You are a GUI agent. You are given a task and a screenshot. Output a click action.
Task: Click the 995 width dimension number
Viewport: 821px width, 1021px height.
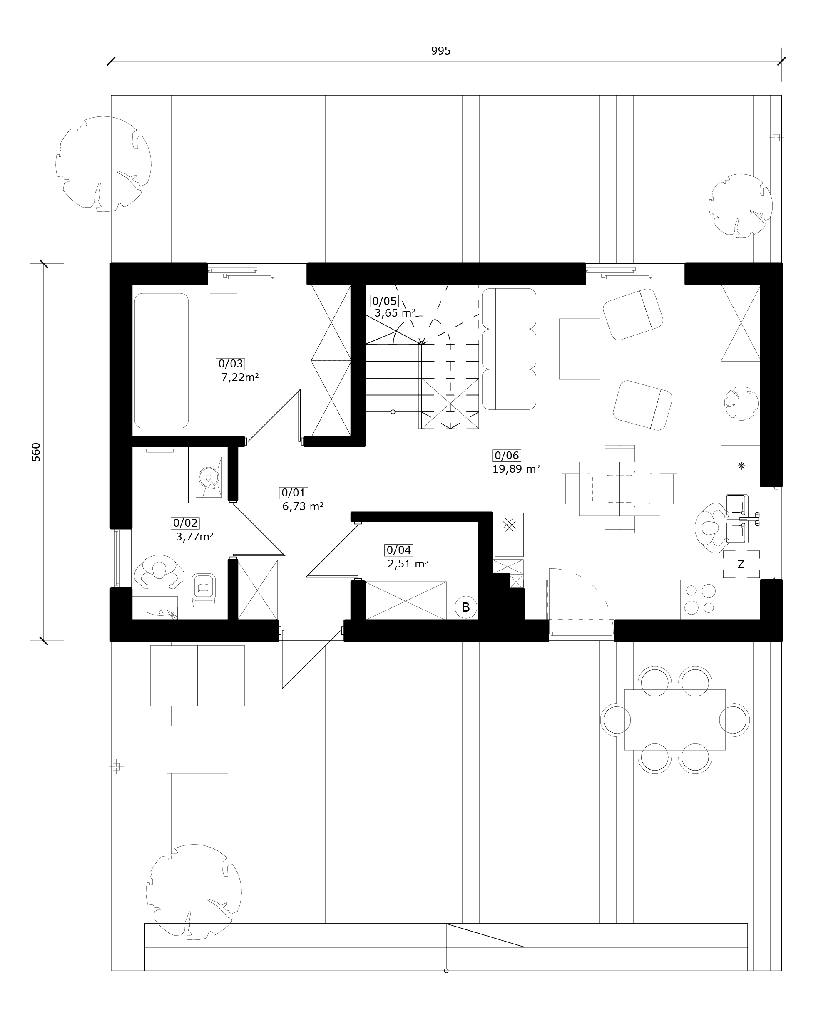coord(440,51)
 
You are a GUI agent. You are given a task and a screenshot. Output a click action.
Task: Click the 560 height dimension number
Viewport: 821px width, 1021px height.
coord(36,452)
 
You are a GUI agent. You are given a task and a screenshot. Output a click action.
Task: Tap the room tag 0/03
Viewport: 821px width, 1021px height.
coord(231,364)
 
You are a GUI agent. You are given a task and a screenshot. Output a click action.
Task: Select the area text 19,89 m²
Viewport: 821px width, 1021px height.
coord(516,469)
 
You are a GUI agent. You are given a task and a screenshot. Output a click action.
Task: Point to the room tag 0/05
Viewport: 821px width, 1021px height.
coord(384,301)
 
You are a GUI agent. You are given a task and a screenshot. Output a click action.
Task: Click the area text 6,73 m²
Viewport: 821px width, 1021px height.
coord(303,506)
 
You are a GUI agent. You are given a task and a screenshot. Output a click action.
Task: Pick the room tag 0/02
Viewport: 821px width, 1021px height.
coord(185,523)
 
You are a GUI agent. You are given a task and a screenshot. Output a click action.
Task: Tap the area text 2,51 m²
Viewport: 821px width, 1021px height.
coord(408,563)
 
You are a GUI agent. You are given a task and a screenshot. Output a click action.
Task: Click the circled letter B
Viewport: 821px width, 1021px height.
coord(466,607)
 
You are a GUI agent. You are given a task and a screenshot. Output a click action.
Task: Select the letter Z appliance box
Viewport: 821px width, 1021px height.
coord(741,565)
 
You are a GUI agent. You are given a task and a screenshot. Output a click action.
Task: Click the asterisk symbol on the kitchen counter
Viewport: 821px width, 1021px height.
coord(741,466)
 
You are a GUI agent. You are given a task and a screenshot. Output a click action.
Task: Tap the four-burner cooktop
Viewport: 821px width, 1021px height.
coord(700,599)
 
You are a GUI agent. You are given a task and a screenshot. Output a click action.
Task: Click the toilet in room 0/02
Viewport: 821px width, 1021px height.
coord(204,590)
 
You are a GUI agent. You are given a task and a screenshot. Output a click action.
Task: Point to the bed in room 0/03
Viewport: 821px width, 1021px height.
coord(161,360)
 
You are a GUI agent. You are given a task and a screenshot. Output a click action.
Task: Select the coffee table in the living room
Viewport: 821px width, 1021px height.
coord(579,349)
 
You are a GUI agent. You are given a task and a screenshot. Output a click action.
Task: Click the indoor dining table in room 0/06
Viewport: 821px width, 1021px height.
coord(619,489)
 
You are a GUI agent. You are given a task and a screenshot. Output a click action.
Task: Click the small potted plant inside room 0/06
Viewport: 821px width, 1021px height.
coord(741,403)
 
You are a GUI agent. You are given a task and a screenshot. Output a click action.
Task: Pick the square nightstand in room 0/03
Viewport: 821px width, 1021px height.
coord(224,306)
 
